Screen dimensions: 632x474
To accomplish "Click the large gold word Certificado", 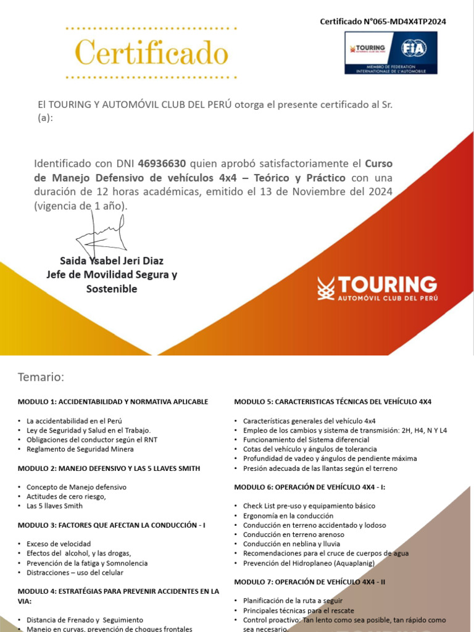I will pyautogui.click(x=152, y=53).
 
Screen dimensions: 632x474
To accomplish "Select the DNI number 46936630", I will pyautogui.click(x=162, y=164).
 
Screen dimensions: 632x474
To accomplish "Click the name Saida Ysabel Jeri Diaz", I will pyautogui.click(x=112, y=260).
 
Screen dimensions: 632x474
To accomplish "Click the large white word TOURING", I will pyautogui.click(x=387, y=285).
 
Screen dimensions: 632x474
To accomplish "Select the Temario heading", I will pyautogui.click(x=41, y=377).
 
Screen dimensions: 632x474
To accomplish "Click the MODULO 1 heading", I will pyautogui.click(x=113, y=402).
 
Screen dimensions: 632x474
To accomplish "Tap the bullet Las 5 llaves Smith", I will pyautogui.click(x=54, y=506).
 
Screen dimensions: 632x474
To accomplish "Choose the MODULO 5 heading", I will pyautogui.click(x=333, y=402).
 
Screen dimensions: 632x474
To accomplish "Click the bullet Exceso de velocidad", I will pyautogui.click(x=59, y=544).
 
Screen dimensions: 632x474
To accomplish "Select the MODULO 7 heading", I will pyautogui.click(x=310, y=582).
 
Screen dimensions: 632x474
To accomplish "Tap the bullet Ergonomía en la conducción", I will pyautogui.click(x=288, y=515).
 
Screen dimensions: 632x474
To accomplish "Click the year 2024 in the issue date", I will pyautogui.click(x=378, y=192).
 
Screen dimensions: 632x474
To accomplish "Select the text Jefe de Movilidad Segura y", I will pyautogui.click(x=112, y=275).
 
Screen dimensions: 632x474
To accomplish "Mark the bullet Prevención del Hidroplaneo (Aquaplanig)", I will pyautogui.click(x=309, y=563).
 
